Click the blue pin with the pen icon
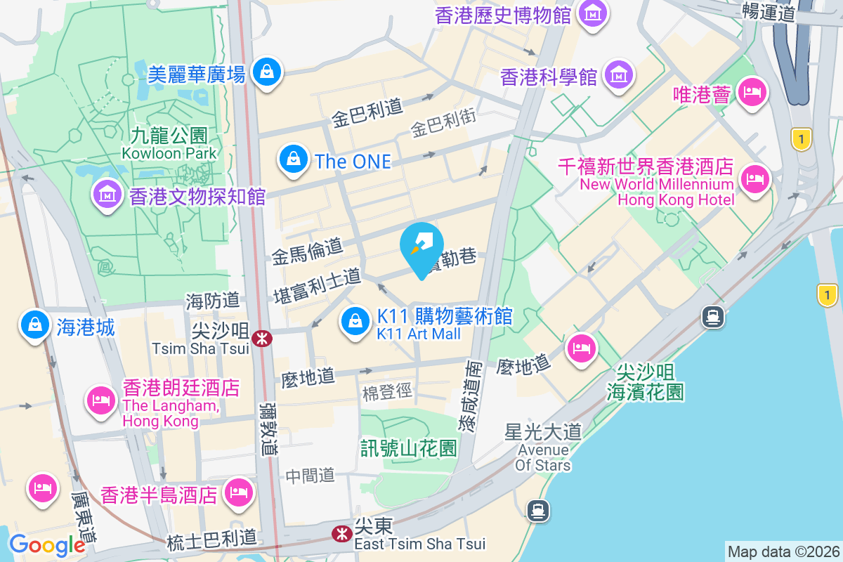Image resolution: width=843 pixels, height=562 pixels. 421,246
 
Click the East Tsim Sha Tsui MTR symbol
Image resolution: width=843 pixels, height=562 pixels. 342,534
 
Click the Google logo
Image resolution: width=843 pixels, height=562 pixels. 47,544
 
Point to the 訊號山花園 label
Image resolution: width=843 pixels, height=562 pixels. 409,448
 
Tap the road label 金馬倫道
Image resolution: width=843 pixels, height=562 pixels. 307,250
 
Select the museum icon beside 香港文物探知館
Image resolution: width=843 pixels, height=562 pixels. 107,195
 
